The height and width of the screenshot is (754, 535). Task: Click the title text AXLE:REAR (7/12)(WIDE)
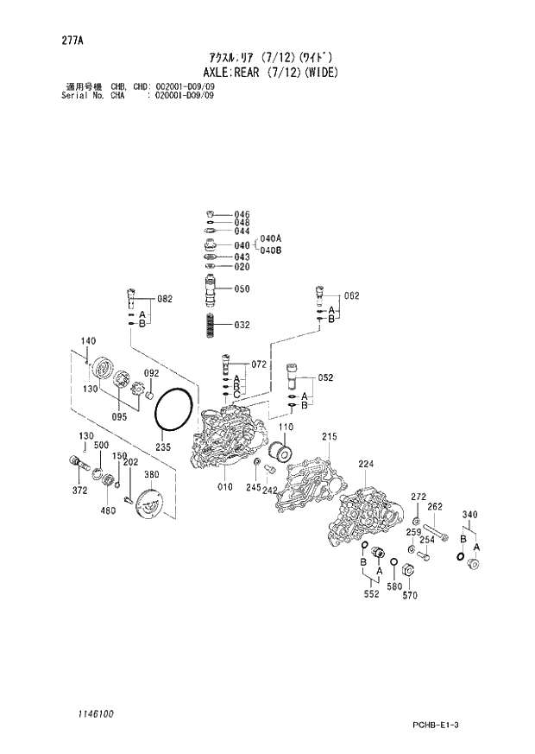coord(267,72)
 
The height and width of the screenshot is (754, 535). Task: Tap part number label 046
coord(242,214)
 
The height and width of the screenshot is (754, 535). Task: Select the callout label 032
coord(242,325)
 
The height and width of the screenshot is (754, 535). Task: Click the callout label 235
coord(163,447)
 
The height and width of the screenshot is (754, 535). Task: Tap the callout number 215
coord(329,438)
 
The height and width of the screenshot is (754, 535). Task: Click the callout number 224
coord(366,464)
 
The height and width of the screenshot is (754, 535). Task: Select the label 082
coord(164,299)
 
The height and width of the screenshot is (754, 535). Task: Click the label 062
coord(350,295)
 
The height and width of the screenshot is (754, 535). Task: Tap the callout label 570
coord(410,595)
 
